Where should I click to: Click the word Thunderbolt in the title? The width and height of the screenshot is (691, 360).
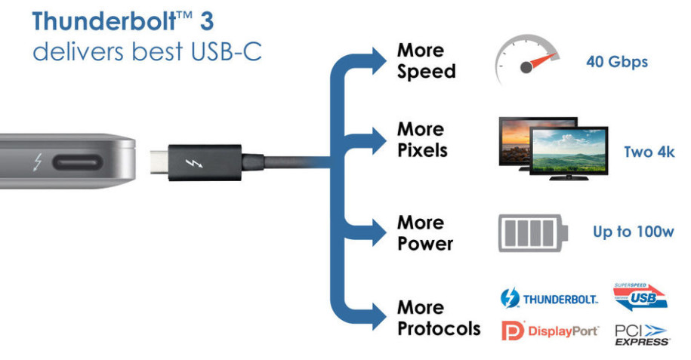point(104,21)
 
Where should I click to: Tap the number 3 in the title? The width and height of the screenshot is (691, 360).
point(206,21)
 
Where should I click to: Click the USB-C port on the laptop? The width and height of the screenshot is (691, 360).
point(78,162)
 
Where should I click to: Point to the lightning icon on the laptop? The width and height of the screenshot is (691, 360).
point(38,162)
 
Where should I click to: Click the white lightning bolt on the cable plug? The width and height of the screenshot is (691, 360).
point(194,163)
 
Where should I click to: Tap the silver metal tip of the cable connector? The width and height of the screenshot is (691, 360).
point(159,162)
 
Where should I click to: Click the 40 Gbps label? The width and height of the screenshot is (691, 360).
point(617,62)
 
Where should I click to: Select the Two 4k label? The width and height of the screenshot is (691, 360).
point(649,152)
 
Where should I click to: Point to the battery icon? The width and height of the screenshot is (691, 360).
point(533,233)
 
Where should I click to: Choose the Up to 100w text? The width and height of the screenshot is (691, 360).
point(634,232)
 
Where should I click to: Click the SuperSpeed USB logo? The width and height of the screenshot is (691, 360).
point(640,297)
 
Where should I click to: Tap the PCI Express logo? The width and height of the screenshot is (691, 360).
point(642,335)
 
